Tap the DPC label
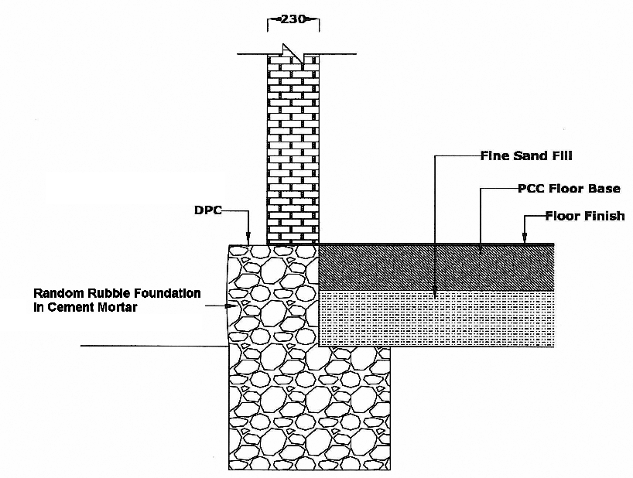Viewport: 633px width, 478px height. (207, 210)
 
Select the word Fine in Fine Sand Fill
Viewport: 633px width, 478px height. (496, 155)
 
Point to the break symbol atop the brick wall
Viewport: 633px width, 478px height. (293, 52)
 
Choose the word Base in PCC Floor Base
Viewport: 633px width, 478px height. (604, 188)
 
